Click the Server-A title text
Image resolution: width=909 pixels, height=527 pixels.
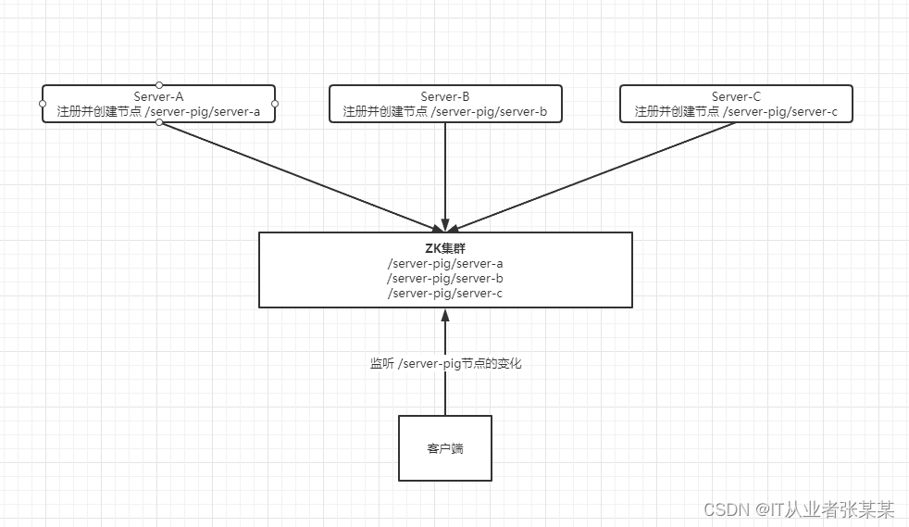(x=158, y=96)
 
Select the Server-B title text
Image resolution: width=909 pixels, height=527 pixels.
(x=445, y=96)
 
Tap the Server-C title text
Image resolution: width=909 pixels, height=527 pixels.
(x=736, y=96)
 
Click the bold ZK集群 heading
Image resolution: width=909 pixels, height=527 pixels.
(x=445, y=249)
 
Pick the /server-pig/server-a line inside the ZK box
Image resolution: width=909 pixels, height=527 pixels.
(x=445, y=264)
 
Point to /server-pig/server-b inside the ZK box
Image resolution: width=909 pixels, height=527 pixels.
(x=445, y=278)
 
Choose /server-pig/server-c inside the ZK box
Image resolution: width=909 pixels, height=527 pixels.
(x=445, y=293)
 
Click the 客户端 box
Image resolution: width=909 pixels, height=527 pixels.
(x=445, y=448)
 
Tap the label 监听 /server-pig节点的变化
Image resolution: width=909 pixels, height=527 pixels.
(x=445, y=364)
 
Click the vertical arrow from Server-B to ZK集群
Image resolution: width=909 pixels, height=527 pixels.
(x=445, y=176)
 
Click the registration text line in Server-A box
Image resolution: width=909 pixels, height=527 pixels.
(x=158, y=112)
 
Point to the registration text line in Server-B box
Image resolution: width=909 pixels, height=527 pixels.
(x=445, y=112)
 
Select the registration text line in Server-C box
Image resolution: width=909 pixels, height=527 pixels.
(x=736, y=112)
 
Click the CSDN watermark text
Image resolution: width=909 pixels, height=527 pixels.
(x=799, y=509)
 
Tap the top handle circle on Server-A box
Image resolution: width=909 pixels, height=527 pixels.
(x=159, y=84)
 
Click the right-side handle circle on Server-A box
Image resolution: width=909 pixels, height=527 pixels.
(x=275, y=104)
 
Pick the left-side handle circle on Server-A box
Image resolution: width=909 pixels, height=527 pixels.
(x=43, y=104)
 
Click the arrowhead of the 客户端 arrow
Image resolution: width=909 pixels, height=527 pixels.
(x=445, y=315)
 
